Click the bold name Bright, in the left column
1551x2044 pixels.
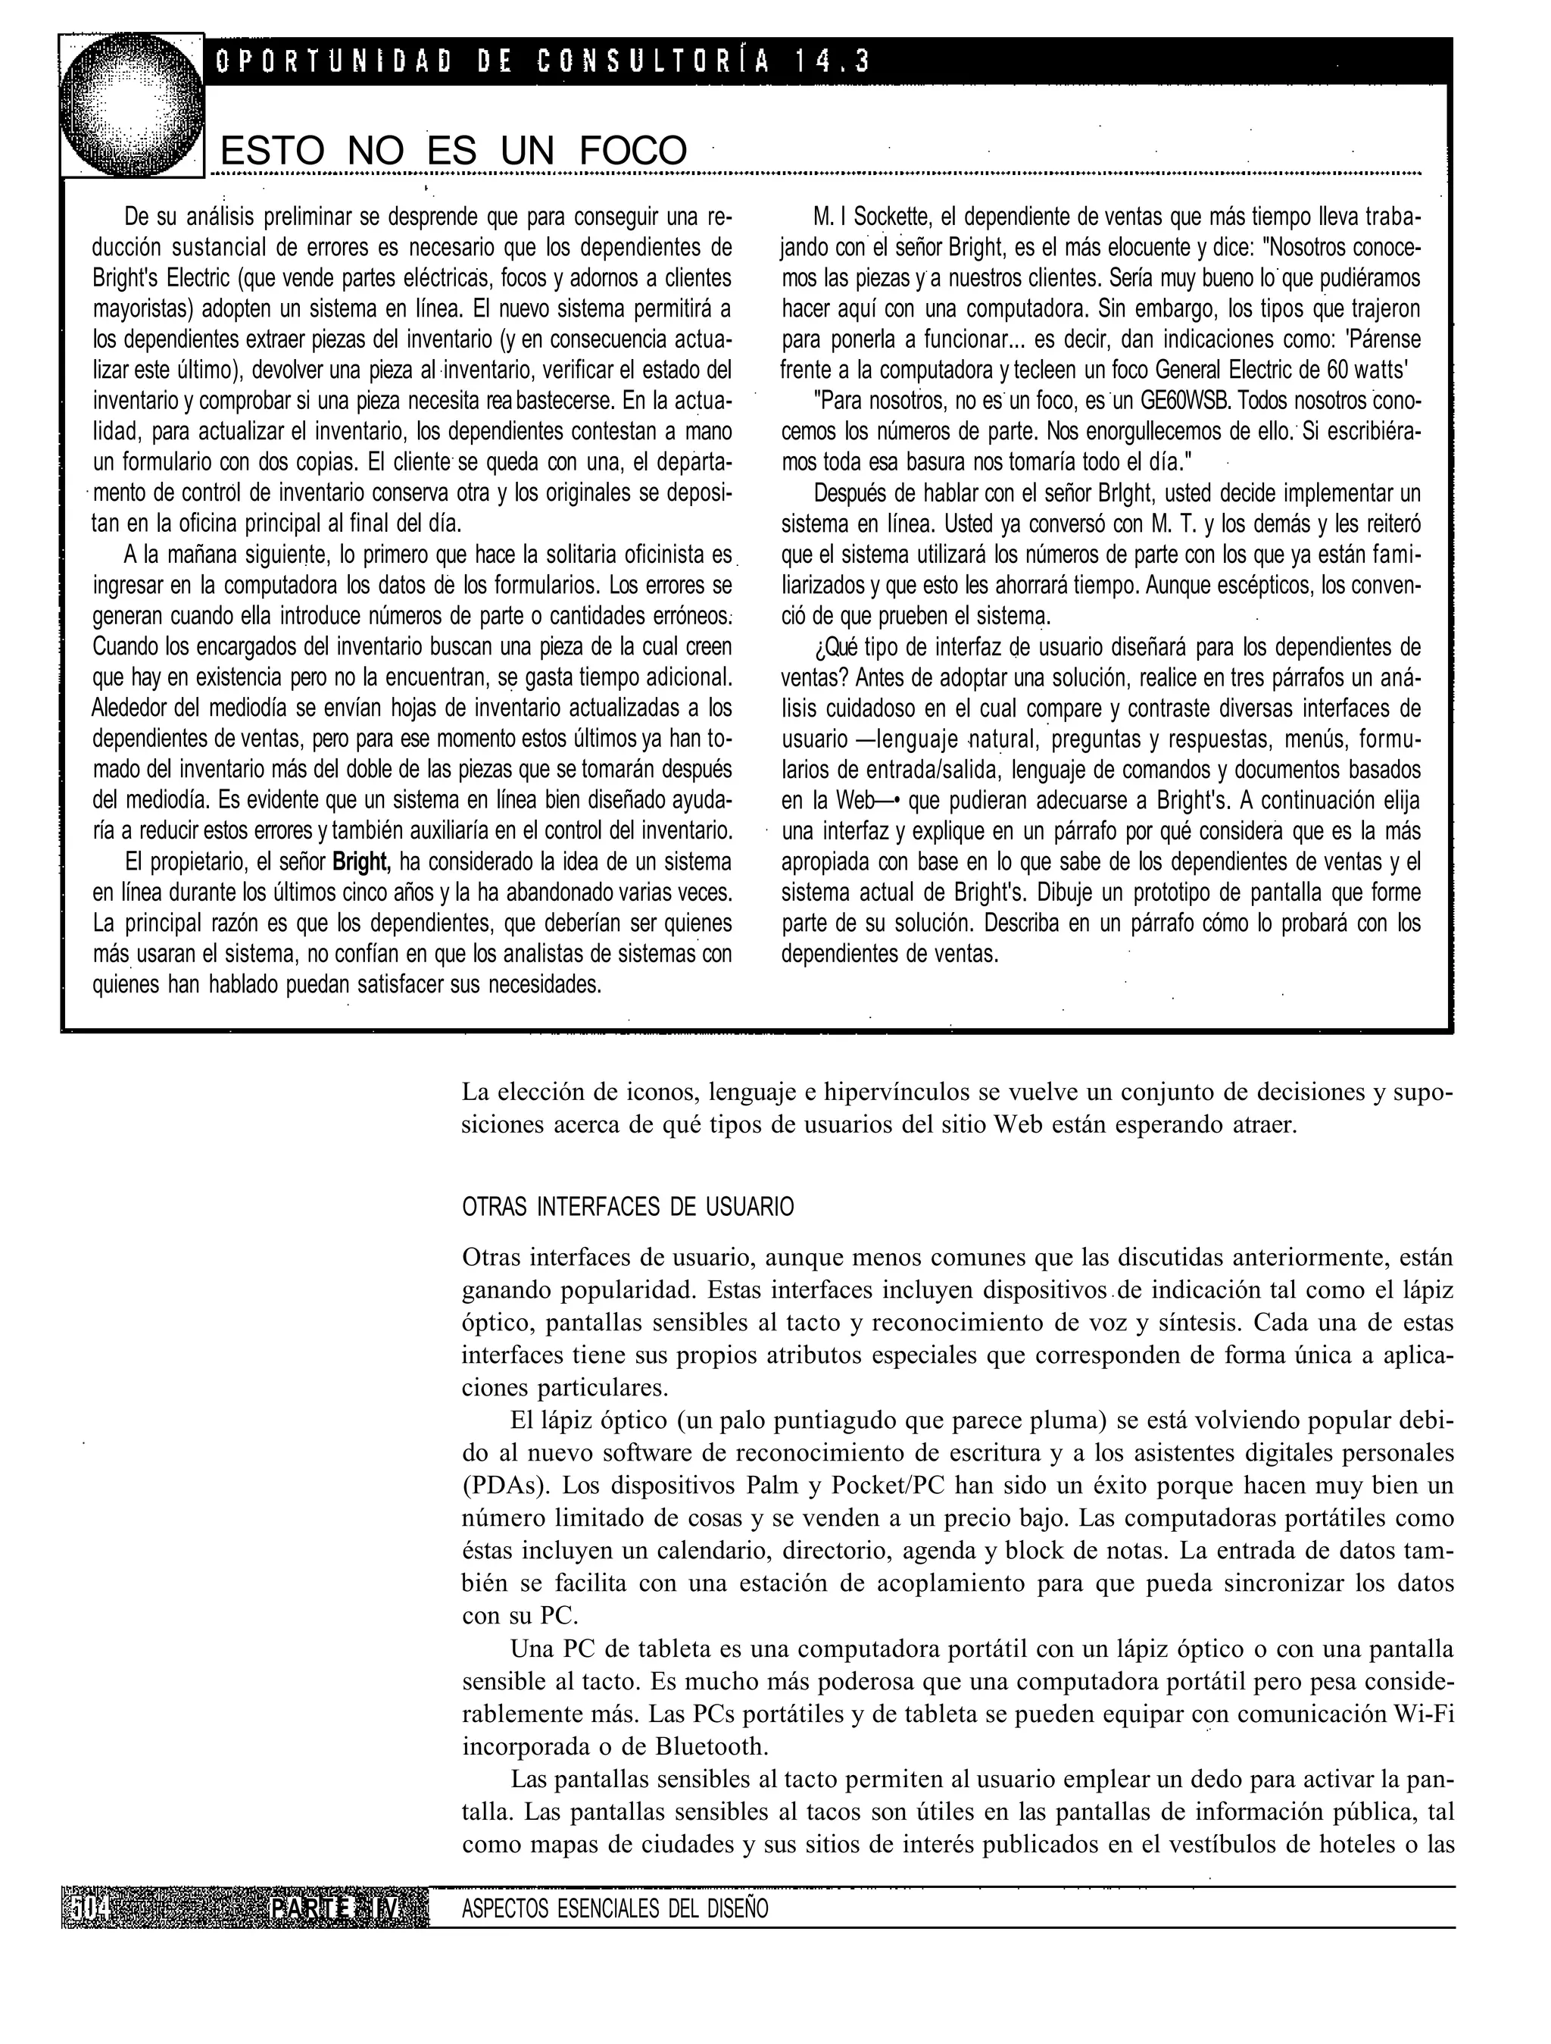(362, 863)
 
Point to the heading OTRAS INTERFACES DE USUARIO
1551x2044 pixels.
(627, 1207)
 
